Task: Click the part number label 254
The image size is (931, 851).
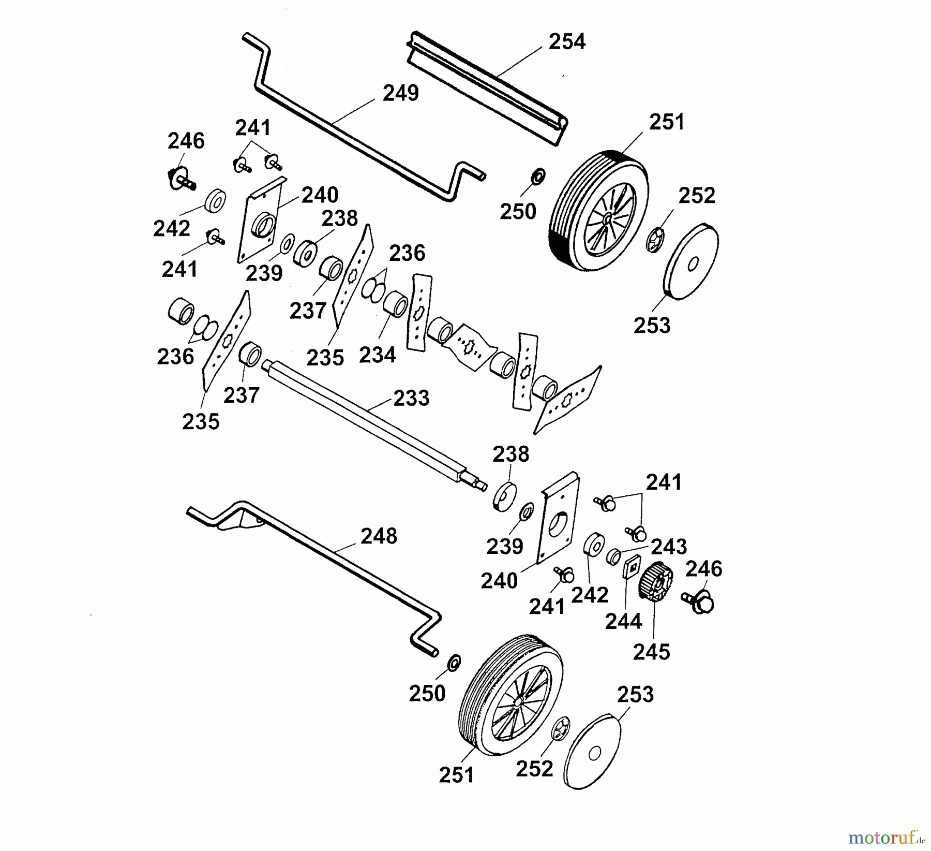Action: (x=567, y=41)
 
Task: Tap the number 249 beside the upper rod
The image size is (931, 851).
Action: (x=400, y=93)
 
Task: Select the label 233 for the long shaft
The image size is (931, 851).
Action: (x=411, y=398)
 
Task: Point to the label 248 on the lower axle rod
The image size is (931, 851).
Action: (x=379, y=536)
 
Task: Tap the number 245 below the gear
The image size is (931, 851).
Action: (x=652, y=652)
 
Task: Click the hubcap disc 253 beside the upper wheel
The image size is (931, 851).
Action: (x=690, y=261)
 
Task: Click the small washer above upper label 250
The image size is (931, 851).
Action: (x=538, y=177)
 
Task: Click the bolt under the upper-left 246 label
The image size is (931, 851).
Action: (x=181, y=179)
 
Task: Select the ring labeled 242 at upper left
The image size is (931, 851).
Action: (x=215, y=200)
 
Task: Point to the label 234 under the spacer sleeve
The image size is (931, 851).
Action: (x=377, y=355)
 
